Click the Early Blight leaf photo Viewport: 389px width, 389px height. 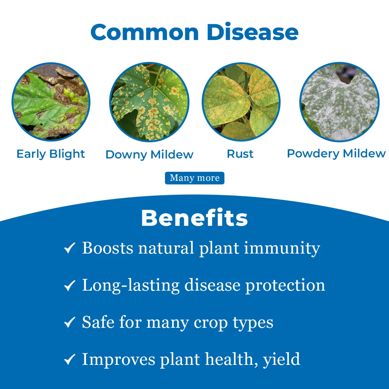coord(51,102)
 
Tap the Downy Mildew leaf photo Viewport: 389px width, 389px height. coord(149,102)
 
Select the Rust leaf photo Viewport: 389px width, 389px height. coord(241,102)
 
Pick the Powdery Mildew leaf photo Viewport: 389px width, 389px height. coord(339,102)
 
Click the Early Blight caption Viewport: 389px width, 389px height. coord(51,154)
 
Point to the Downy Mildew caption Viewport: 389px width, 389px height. coord(149,155)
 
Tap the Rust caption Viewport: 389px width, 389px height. coord(240,154)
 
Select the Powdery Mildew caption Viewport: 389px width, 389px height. coord(336,154)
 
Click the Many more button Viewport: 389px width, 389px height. coord(195,178)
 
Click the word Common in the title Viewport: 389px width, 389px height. coord(145,32)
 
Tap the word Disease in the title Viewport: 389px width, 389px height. coord(252,32)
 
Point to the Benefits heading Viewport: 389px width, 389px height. coord(194,218)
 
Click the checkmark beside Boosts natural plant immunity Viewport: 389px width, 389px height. coord(70,248)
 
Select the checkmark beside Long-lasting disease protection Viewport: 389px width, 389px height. coord(70,285)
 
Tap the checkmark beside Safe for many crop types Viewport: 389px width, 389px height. coord(70,322)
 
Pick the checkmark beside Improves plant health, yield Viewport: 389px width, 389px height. coord(70,359)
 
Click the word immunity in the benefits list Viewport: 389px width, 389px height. coord(282,249)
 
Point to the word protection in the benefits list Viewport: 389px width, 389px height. coord(285,286)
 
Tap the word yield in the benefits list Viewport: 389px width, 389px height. coord(282,360)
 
